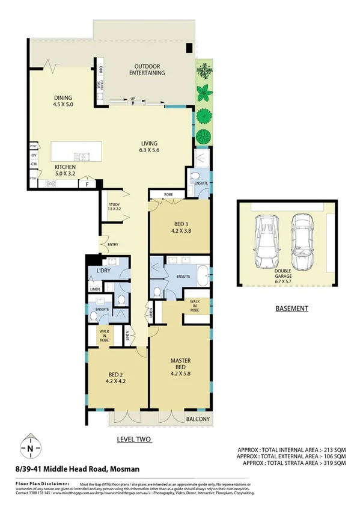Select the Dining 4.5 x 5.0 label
[63, 100]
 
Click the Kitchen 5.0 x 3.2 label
[66, 170]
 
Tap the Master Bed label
[180, 364]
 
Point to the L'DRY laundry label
[103, 271]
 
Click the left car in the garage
[265, 243]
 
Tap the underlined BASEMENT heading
[291, 309]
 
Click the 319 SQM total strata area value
[334, 464]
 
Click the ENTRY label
[112, 245]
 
